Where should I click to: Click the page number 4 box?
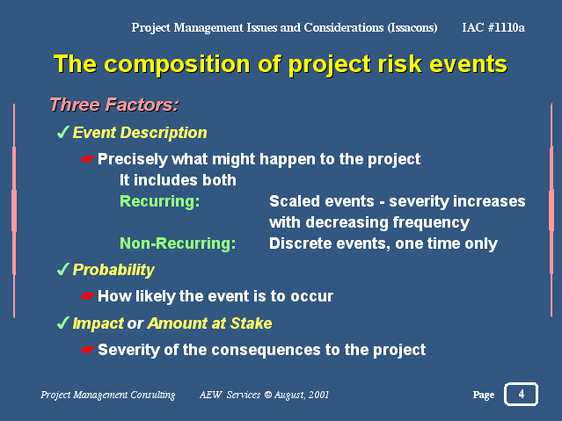click(x=521, y=394)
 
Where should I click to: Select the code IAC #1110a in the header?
click(x=493, y=27)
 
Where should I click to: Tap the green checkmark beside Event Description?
click(x=63, y=132)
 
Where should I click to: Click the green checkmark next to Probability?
click(x=63, y=269)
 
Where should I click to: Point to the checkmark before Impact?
click(x=63, y=323)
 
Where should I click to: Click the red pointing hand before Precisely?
click(x=88, y=159)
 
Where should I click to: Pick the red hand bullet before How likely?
click(x=88, y=296)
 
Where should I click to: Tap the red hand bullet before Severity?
click(x=88, y=349)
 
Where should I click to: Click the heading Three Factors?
click(x=114, y=105)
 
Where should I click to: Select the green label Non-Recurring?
click(x=178, y=243)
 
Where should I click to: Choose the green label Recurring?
click(x=159, y=201)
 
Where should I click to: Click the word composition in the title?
click(x=179, y=65)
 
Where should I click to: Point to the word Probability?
click(x=113, y=270)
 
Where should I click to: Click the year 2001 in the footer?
click(x=318, y=395)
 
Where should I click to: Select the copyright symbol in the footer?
click(x=268, y=395)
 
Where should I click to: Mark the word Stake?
click(x=251, y=323)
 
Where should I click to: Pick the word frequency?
click(x=431, y=223)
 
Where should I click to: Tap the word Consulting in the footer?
click(x=152, y=395)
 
